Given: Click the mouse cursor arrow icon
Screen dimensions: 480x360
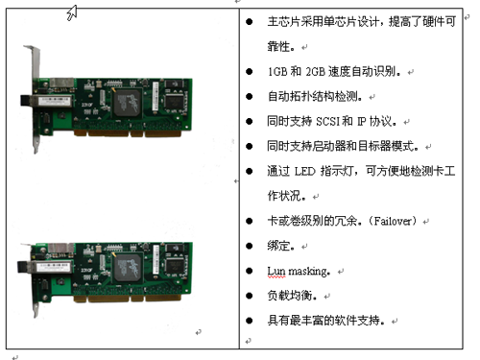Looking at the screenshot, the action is [x=72, y=12].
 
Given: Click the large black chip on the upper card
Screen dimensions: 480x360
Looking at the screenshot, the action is [x=127, y=103].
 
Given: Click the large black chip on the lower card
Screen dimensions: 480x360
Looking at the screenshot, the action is [x=127, y=268].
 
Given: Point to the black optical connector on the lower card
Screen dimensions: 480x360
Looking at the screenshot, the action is [x=23, y=266].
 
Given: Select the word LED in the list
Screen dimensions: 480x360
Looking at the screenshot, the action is [x=304, y=172].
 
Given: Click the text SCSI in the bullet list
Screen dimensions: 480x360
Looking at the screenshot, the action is [x=327, y=122].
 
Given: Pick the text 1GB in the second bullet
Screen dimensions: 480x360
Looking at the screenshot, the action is [x=277, y=72].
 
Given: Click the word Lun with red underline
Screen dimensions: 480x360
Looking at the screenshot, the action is [x=276, y=272].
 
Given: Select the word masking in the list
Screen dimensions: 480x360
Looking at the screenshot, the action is [x=307, y=272].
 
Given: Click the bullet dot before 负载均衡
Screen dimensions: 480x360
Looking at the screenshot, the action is [x=250, y=296].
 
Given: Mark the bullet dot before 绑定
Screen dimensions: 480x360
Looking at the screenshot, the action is [x=250, y=246].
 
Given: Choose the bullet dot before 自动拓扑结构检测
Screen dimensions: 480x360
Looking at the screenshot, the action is [x=250, y=96].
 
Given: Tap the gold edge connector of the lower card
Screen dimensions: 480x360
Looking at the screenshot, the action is [x=128, y=299].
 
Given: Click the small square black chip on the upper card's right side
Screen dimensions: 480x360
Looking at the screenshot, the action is [x=174, y=101].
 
